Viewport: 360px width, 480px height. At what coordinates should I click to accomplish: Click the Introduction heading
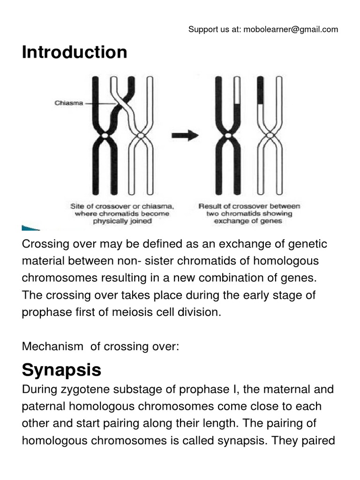point(75,52)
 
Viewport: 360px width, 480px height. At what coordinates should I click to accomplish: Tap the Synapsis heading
point(61,370)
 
